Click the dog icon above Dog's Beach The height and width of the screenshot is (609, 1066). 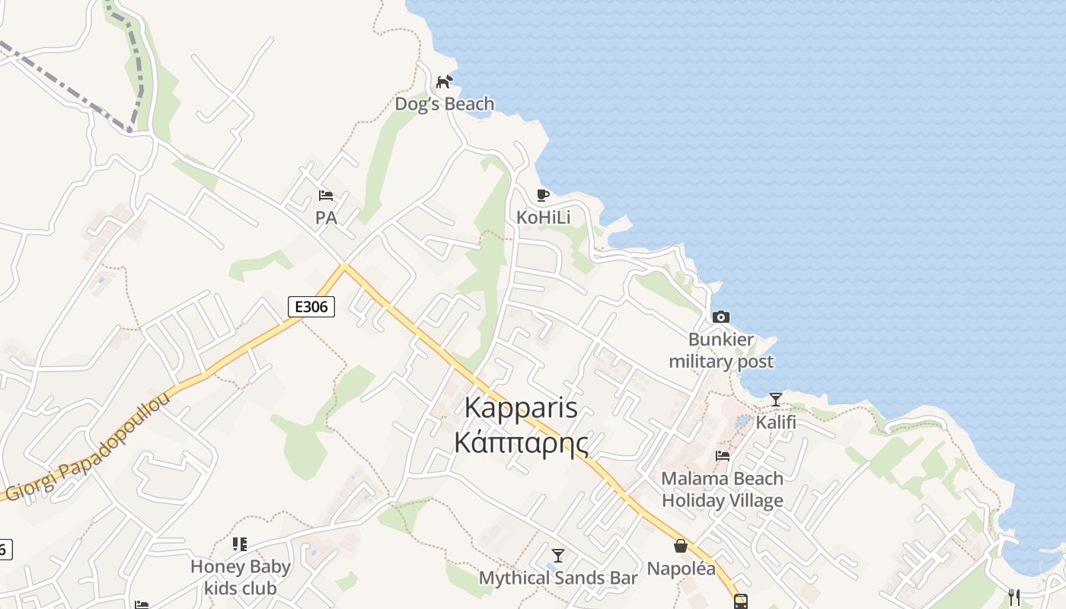click(444, 81)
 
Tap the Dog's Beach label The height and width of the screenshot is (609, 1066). click(444, 104)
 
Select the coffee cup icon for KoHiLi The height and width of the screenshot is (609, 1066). click(543, 196)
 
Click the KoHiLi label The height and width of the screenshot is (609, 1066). click(543, 217)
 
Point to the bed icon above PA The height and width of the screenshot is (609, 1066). click(326, 196)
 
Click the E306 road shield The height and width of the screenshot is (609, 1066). click(311, 307)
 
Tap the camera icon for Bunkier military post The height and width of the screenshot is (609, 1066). click(720, 317)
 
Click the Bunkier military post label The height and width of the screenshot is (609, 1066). click(720, 350)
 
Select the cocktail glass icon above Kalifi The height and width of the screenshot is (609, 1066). click(775, 400)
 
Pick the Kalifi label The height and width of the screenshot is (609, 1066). click(775, 421)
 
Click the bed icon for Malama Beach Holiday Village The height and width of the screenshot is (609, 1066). click(722, 456)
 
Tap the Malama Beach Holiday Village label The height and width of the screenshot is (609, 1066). click(722, 489)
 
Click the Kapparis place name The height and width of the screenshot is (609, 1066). click(521, 408)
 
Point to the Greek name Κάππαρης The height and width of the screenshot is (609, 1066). click(521, 442)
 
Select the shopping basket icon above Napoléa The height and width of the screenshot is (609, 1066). click(681, 546)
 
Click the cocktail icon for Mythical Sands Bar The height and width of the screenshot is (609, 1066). click(558, 556)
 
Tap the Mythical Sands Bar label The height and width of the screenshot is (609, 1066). click(558, 578)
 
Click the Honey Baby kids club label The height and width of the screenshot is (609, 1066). click(240, 577)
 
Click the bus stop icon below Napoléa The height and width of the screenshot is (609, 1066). click(740, 601)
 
